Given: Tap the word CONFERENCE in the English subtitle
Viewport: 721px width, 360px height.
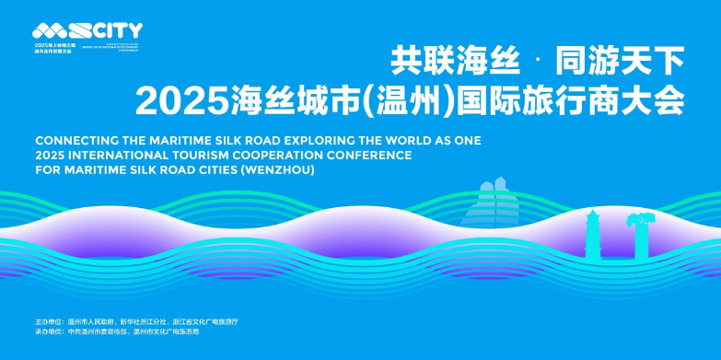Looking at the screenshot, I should pos(369,156).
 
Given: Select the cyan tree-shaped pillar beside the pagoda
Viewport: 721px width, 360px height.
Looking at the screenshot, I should pos(637,234).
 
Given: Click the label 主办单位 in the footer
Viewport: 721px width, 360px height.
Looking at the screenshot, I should pos(48,321).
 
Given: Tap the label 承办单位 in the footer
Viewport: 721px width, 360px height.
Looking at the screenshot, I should pos(48,331).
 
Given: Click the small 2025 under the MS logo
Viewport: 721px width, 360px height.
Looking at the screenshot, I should pos(41,44).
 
